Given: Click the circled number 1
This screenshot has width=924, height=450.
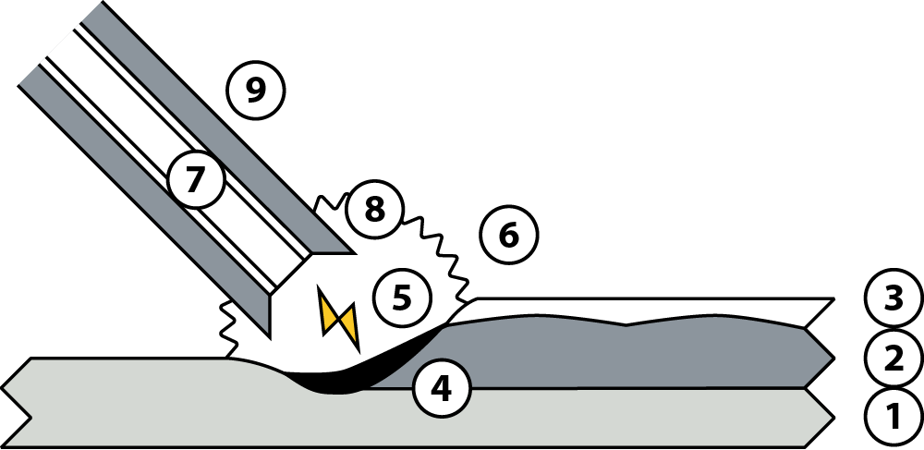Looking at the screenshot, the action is [894, 417].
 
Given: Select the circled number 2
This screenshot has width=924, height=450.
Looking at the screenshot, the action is [894, 359].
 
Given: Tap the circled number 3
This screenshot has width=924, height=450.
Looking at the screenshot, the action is [894, 298].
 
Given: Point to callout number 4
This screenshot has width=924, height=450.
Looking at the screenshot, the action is [442, 389].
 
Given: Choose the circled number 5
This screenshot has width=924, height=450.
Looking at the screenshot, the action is [403, 298].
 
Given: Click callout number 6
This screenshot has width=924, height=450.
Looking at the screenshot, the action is [509, 235].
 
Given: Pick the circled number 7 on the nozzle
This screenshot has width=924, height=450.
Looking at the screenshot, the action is [196, 179].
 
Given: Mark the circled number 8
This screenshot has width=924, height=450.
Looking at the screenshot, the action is [375, 209].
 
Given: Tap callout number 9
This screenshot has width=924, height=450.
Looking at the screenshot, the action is [256, 91].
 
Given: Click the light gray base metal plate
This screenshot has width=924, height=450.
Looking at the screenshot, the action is [412, 419].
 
